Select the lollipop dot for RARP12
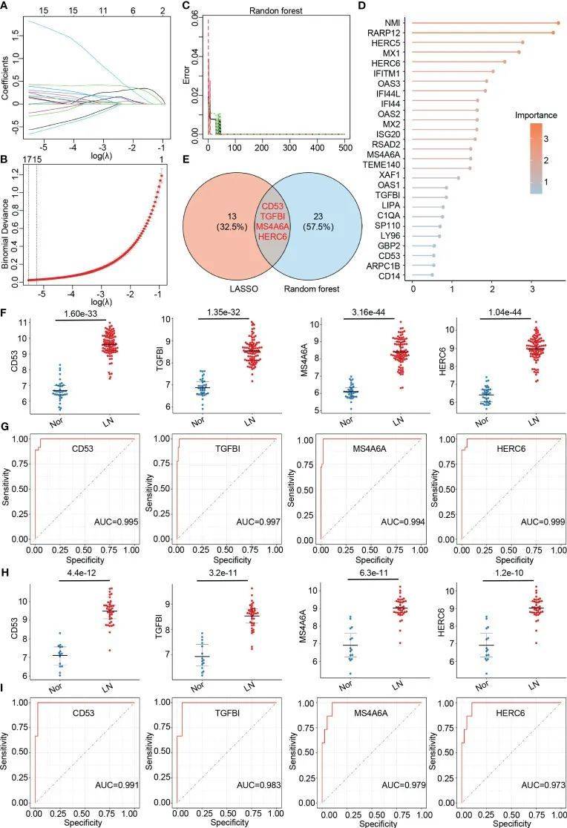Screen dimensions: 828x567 553,33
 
